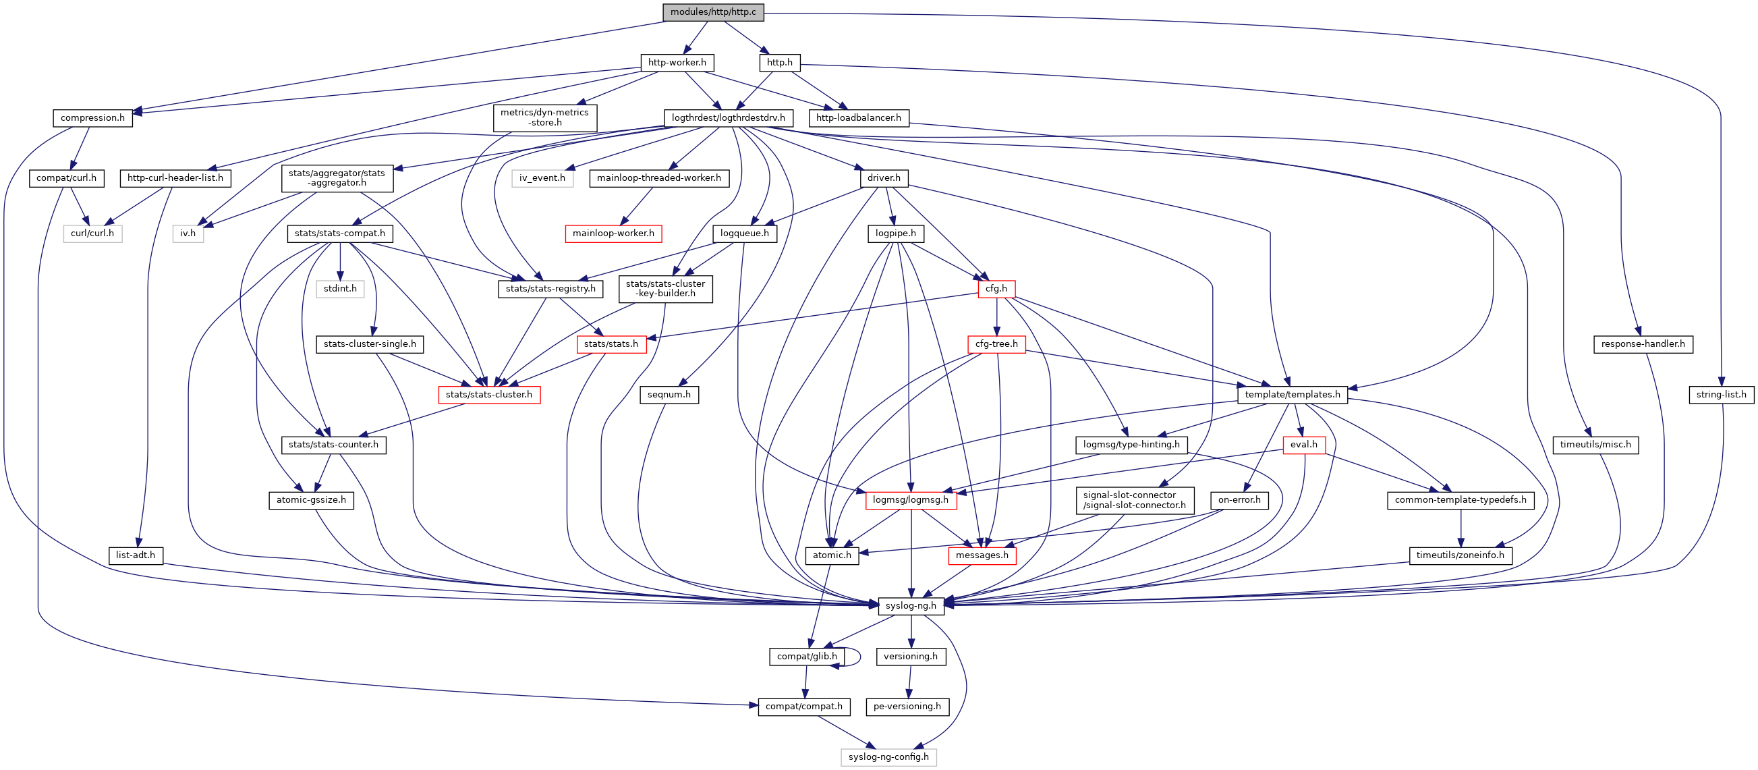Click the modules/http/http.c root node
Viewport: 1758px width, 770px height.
click(x=712, y=12)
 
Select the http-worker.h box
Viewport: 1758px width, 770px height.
click(x=677, y=63)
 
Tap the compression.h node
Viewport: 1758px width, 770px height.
click(x=92, y=118)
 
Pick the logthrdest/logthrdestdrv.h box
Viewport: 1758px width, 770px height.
click(x=728, y=118)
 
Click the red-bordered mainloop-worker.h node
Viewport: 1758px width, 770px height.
click(x=613, y=233)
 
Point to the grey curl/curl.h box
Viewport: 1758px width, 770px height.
click(x=92, y=233)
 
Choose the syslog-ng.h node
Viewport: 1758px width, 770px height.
click(x=911, y=605)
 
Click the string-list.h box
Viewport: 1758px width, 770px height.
click(x=1720, y=395)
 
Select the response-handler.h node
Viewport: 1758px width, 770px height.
click(x=1642, y=344)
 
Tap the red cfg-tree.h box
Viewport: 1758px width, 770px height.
click(x=996, y=344)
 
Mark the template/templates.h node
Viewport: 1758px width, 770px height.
click(x=1292, y=395)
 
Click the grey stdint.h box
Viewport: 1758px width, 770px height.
click(x=340, y=289)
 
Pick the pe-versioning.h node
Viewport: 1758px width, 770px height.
click(x=907, y=707)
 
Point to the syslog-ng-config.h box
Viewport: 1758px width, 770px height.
click(x=888, y=757)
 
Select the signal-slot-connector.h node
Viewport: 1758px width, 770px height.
click(x=1133, y=500)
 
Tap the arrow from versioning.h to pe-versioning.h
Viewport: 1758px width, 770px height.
click(x=909, y=682)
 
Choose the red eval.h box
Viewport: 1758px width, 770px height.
click(x=1303, y=445)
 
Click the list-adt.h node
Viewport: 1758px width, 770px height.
click(x=135, y=555)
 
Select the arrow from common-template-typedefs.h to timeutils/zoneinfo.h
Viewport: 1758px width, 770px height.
click(x=1461, y=528)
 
